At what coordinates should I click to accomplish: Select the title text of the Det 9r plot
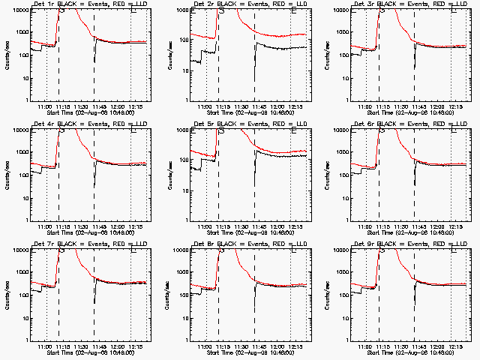(x=403, y=244)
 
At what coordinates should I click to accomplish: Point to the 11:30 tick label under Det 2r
(x=241, y=106)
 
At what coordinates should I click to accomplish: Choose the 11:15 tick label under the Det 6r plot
(x=383, y=226)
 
